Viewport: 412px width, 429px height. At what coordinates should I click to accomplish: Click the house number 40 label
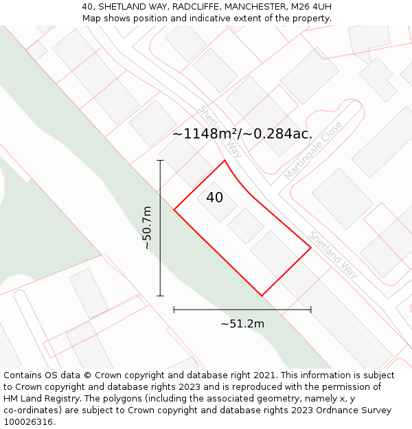(214, 198)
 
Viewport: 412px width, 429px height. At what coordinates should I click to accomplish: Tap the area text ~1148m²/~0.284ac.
(242, 134)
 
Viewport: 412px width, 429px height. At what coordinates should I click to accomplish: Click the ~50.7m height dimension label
(147, 228)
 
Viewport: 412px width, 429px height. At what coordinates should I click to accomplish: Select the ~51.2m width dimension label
(242, 323)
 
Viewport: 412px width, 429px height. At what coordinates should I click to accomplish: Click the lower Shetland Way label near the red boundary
(333, 254)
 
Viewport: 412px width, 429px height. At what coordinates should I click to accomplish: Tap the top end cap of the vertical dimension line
(160, 161)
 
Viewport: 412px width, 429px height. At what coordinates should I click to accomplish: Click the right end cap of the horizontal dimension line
(311, 310)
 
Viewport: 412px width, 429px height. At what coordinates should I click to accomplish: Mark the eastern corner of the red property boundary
(311, 248)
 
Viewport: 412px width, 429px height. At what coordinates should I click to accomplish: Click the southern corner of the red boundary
(262, 296)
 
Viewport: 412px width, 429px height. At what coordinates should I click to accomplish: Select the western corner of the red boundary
(174, 210)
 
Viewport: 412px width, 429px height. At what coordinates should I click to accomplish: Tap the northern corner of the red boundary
(225, 161)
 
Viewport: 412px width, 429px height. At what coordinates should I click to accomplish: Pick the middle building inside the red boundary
(246, 226)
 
